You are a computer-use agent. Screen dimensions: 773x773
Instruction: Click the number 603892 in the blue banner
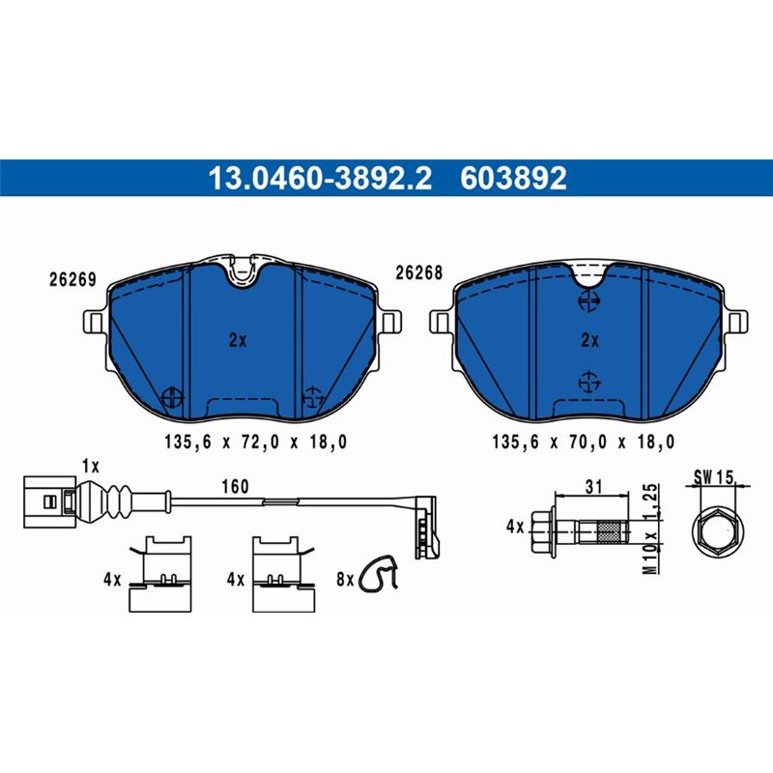point(514,179)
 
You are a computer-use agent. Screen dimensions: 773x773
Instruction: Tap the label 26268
point(418,273)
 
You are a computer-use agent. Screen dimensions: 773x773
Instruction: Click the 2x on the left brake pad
point(238,340)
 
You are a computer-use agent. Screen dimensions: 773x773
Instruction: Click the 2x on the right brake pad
point(589,340)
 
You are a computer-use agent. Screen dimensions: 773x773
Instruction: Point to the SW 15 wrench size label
point(715,476)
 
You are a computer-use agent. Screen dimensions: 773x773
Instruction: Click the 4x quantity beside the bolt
point(513,528)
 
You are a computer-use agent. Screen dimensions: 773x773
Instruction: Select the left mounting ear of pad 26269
point(97,322)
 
